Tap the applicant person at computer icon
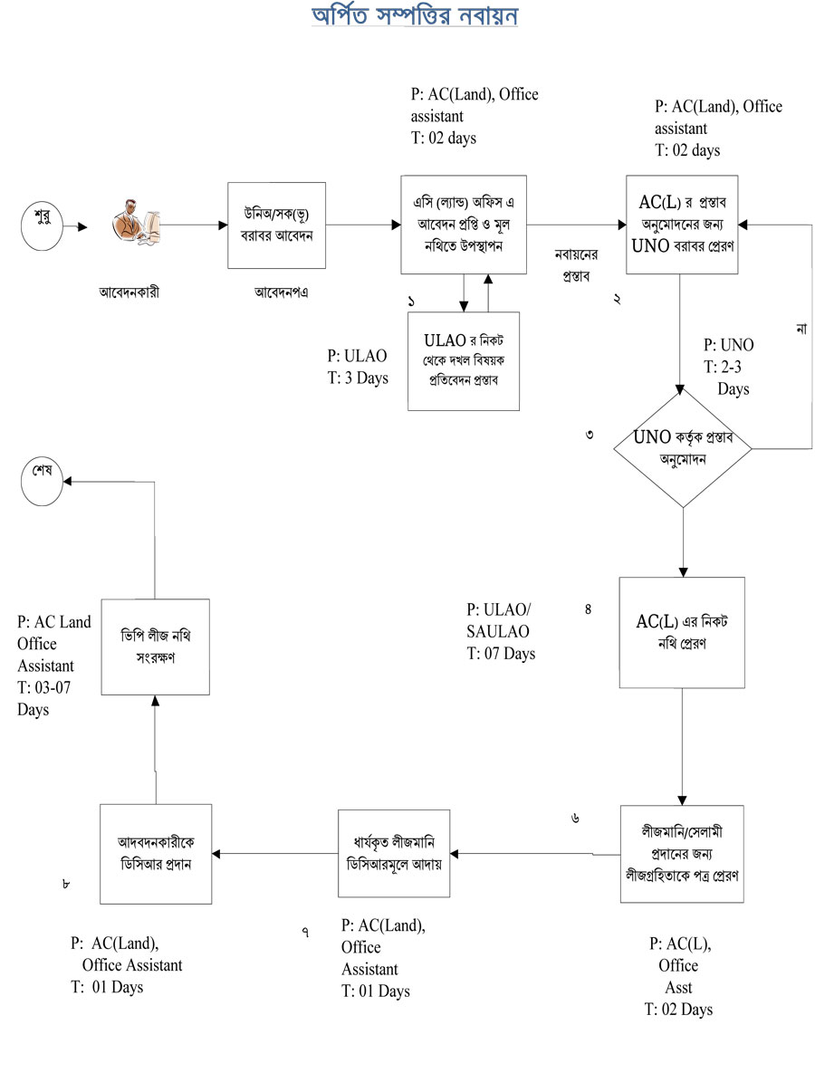[135, 225]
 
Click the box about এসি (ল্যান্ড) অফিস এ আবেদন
[464, 225]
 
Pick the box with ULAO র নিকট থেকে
[464, 360]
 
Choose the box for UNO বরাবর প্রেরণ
[682, 225]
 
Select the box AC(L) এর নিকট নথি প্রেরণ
[682, 632]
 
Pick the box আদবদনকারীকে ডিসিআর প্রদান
[156, 853]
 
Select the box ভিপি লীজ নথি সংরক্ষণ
[156, 647]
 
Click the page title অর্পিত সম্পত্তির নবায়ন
[416, 15]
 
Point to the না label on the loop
[801, 329]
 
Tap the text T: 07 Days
[501, 653]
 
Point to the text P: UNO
[728, 346]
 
